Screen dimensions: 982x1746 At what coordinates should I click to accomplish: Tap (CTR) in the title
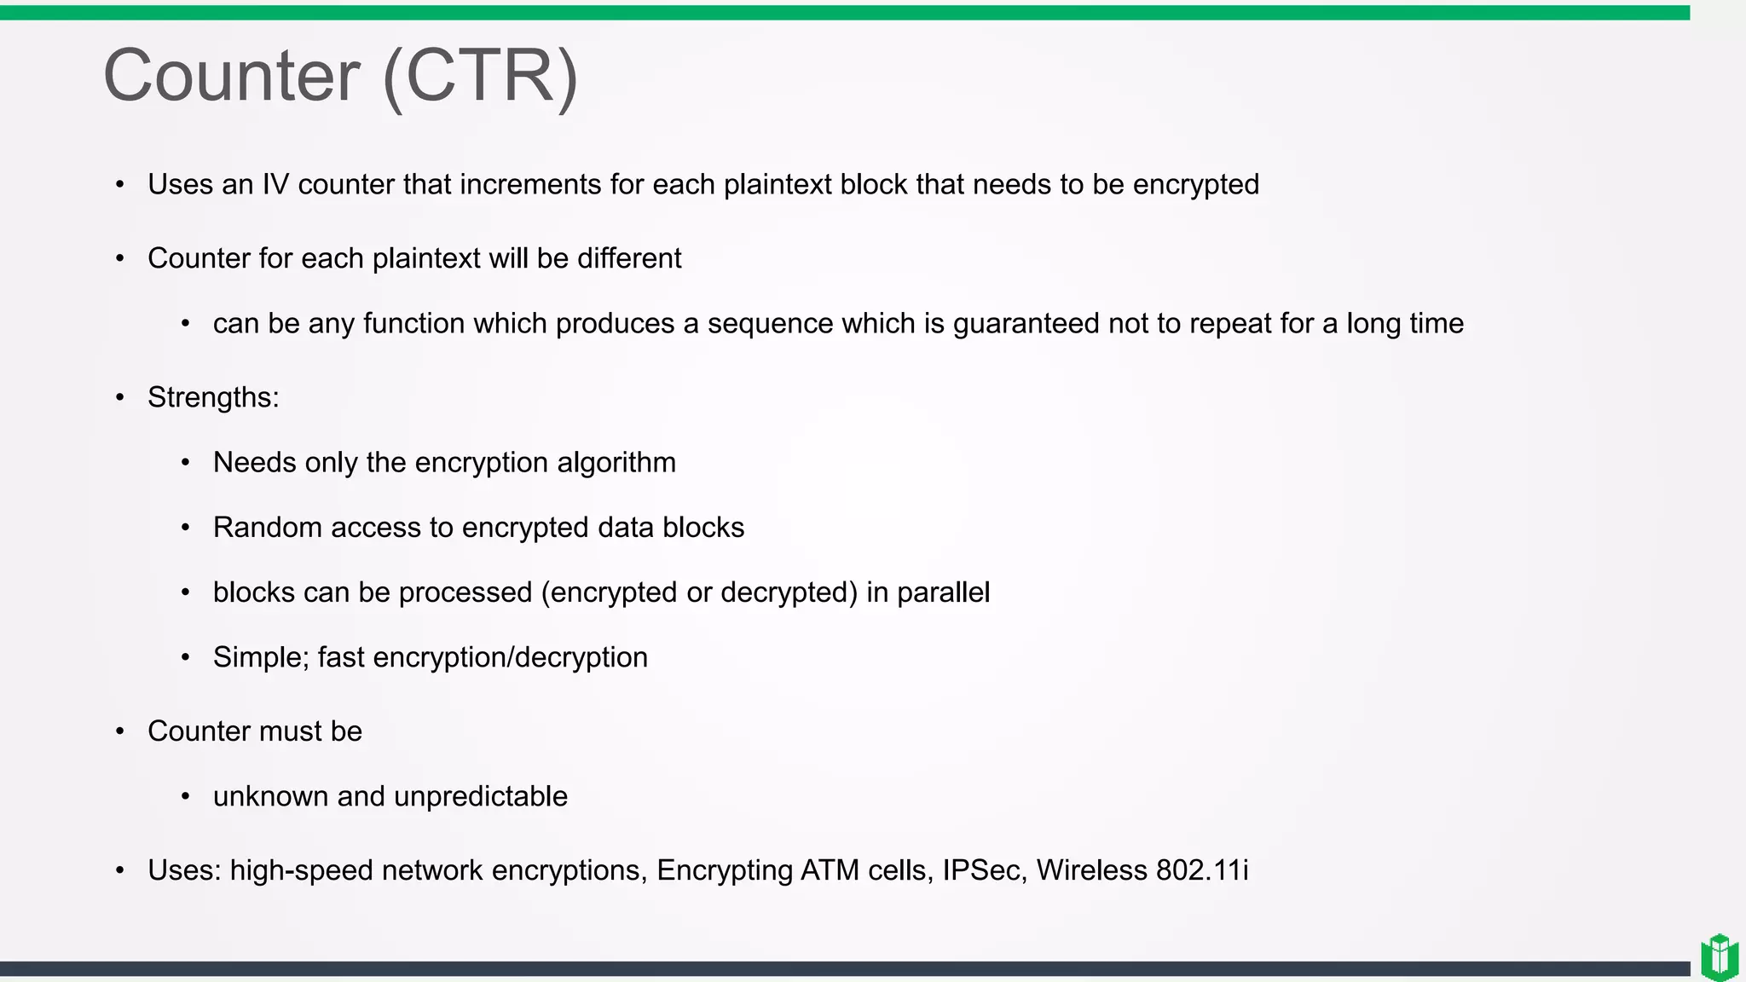click(x=481, y=77)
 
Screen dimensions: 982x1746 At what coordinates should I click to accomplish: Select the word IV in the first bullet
click(x=275, y=184)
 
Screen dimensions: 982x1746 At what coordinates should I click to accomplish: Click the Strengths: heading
click(x=213, y=397)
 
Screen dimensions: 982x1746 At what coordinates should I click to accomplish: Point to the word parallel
click(x=943, y=592)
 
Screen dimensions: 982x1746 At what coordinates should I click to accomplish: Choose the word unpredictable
click(x=481, y=796)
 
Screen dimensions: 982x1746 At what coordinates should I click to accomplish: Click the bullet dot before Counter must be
click(x=120, y=731)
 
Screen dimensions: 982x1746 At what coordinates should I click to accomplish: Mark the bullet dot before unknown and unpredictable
click(x=186, y=797)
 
